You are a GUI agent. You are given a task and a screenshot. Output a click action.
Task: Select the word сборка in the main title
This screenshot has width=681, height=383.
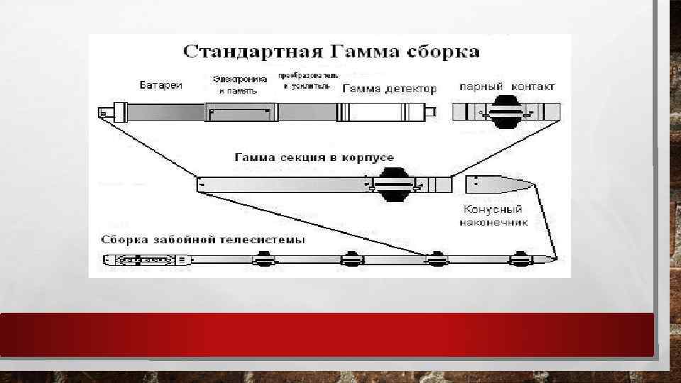442,52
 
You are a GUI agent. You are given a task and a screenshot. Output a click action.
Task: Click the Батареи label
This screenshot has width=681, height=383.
160,86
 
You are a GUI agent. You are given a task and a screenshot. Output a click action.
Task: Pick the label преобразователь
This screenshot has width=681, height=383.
308,75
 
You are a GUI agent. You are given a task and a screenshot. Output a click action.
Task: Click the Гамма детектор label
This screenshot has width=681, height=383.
389,89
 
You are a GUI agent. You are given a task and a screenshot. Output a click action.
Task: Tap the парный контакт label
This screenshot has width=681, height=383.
507,87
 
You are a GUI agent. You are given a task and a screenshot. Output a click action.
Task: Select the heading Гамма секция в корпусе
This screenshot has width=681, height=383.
314,157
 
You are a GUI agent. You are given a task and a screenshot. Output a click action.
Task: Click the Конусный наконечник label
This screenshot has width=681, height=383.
493,215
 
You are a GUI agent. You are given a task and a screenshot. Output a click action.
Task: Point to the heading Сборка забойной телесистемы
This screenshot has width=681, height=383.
204,240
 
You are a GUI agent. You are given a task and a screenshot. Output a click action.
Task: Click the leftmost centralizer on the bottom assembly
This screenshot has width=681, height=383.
266,260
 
